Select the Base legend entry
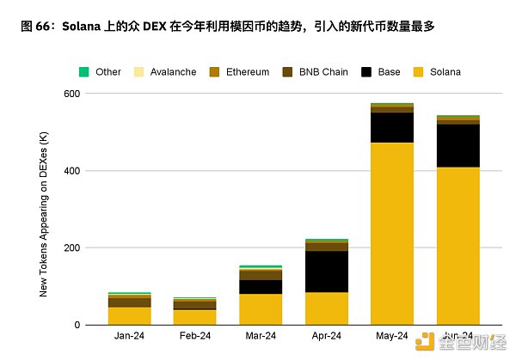coord(380,72)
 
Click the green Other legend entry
coord(100,72)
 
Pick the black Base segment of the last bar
coord(458,145)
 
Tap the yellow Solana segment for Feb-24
coord(194,317)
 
